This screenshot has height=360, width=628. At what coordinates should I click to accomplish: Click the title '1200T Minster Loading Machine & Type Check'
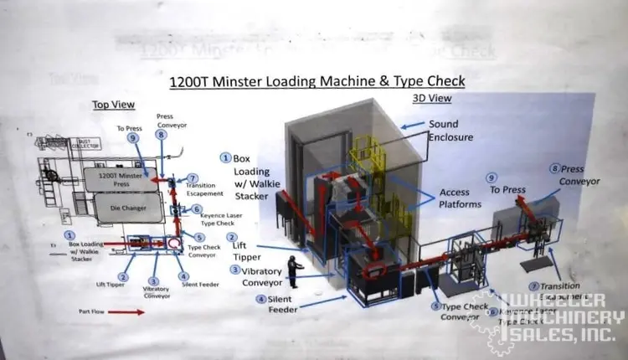(317, 81)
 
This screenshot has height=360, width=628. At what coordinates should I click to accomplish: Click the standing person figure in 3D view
(295, 274)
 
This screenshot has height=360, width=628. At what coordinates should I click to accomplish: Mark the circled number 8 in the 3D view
(554, 168)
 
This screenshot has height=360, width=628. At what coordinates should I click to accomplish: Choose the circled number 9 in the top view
(131, 138)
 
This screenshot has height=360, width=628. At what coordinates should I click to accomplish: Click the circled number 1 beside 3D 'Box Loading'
(225, 157)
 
